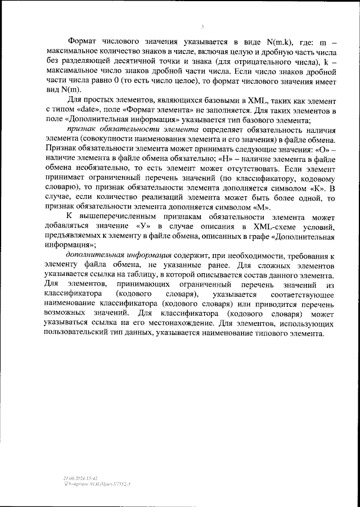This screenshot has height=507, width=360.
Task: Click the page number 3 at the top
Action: pos(202,27)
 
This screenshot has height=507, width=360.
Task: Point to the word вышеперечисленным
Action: pos(132,216)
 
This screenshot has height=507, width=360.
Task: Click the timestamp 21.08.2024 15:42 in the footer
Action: pos(81,476)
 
